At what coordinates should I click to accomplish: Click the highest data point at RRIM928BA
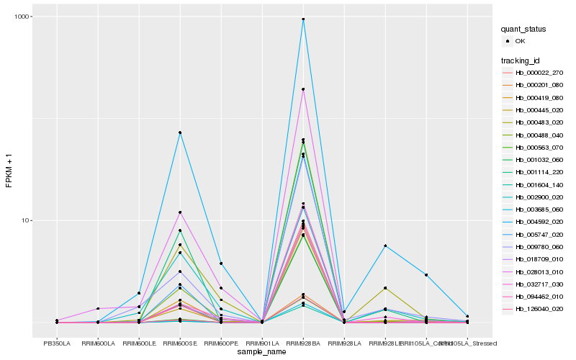pos(303,19)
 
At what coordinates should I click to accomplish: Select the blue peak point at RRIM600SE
pos(180,132)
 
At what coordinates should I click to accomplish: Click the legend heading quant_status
pos(525,30)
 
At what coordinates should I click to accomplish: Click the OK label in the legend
pos(521,42)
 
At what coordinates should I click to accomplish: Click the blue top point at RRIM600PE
pos(221,264)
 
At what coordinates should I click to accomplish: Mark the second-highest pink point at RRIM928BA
pos(303,89)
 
